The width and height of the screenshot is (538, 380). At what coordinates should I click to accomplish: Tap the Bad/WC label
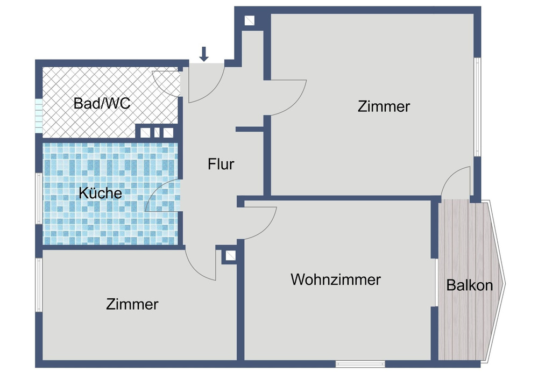point(102,103)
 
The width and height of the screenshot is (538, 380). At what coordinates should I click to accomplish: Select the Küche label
point(100,193)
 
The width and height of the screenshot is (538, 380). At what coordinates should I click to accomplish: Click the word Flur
point(221,164)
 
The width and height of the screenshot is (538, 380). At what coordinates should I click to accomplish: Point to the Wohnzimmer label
point(336,279)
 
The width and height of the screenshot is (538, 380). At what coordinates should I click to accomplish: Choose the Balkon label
point(469,285)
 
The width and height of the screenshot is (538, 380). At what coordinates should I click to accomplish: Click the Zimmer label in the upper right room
point(384,106)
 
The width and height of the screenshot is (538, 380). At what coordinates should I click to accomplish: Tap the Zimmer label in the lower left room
point(132,304)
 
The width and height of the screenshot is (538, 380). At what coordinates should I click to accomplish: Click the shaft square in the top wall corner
point(250,21)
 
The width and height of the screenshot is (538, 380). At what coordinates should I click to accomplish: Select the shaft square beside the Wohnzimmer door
point(230,256)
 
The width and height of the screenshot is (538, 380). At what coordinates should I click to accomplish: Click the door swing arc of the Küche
point(161,196)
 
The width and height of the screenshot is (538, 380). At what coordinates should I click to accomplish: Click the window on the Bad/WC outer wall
point(38,117)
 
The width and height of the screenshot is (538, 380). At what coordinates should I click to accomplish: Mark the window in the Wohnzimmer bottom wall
point(360,364)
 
